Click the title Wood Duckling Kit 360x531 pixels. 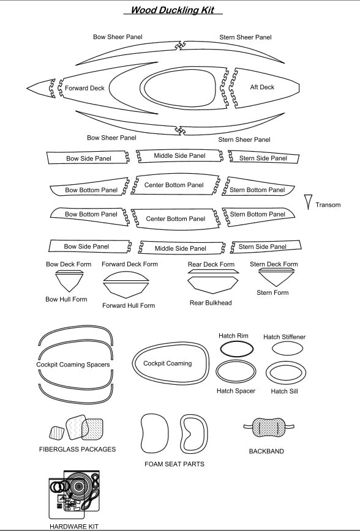173,10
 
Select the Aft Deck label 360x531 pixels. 262,87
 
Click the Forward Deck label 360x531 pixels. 84,88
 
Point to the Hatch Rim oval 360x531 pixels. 236,342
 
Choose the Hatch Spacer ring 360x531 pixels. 236,361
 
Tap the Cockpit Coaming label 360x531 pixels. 168,363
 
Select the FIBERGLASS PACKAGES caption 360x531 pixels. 77,449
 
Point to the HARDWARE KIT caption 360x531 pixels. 74,526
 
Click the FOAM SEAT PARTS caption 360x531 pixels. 174,464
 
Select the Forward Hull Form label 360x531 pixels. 129,305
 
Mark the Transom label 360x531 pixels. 328,205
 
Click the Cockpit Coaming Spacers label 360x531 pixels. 73,365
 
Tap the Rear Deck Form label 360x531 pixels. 211,264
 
